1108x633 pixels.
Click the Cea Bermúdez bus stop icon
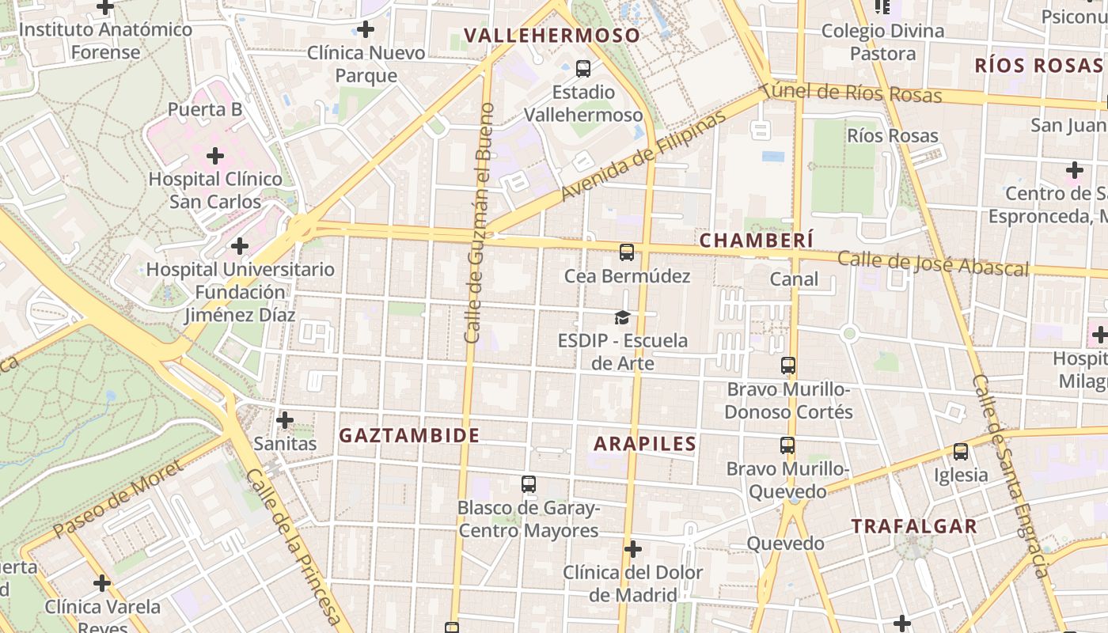627,252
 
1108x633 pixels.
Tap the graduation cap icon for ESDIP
623,317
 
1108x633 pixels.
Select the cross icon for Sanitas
285,419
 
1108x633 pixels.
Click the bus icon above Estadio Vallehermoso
583,69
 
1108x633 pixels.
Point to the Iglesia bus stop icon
960,452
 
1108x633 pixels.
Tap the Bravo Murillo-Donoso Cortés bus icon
787,366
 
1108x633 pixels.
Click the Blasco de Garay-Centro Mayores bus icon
529,483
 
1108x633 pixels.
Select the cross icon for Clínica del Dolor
632,548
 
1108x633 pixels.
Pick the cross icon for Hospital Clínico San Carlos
214,155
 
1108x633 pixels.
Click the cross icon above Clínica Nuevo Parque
365,30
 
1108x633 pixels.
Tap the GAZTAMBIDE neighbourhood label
409,435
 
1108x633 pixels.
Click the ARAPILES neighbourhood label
645,444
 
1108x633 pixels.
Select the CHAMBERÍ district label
757,240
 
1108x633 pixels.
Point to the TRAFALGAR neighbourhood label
914,526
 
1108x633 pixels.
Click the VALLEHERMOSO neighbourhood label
552,36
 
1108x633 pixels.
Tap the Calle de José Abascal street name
933,263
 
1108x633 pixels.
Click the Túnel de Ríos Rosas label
851,93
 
